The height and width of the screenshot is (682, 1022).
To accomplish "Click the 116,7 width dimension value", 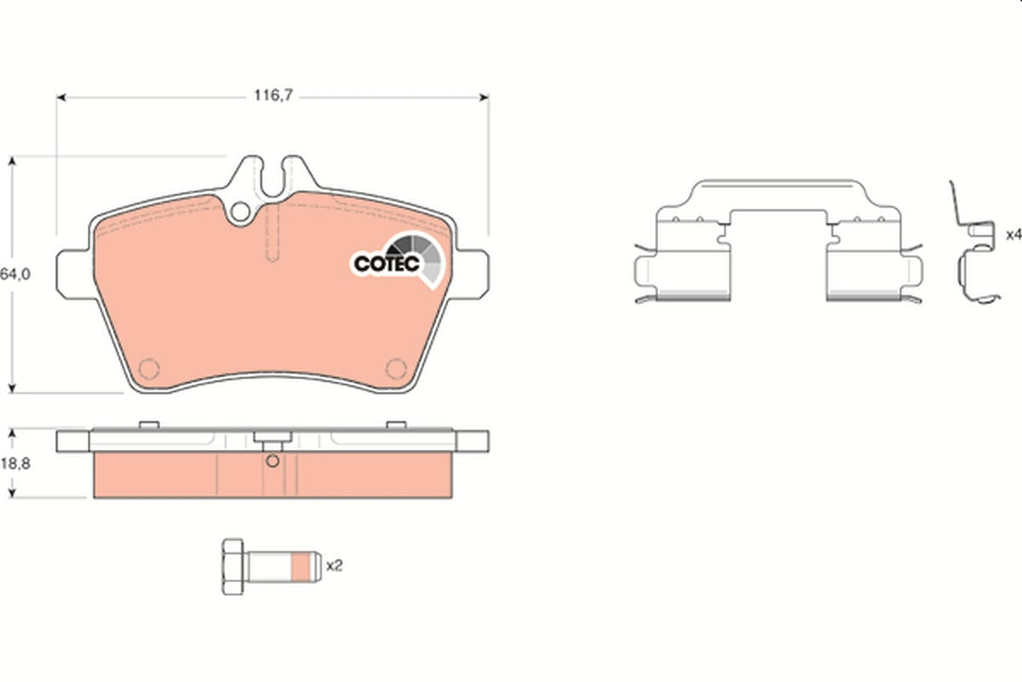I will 272,97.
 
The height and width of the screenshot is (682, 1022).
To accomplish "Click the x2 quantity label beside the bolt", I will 334,564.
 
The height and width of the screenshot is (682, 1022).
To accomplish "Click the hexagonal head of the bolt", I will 233,567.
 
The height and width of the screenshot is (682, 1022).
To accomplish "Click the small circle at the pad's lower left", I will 149,368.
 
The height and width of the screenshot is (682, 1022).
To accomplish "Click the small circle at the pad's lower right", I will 396,368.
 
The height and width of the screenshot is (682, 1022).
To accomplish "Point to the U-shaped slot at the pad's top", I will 273,175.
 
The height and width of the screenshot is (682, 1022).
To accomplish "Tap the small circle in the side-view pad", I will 272,463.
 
